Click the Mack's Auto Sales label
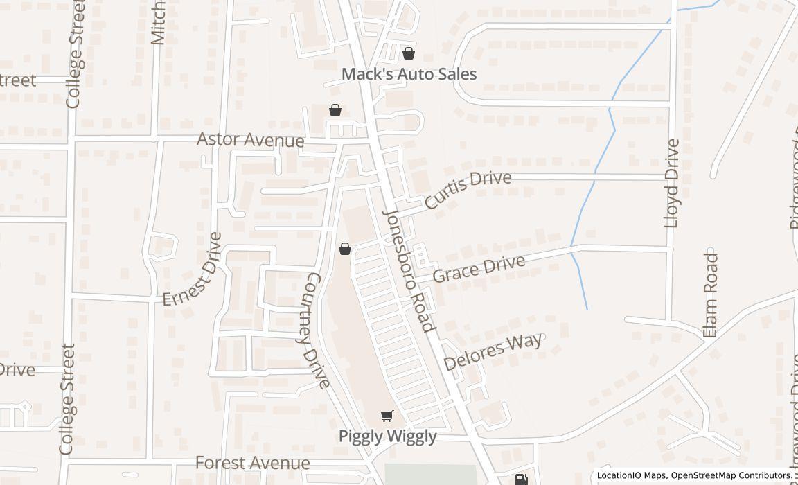point(409,73)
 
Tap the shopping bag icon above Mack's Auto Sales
point(409,53)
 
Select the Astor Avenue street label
point(250,139)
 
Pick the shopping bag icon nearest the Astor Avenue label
point(335,110)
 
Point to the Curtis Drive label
point(468,189)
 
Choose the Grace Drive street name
point(479,267)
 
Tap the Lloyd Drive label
point(671,183)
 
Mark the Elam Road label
point(710,294)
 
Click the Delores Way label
point(493,352)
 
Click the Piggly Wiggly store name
point(387,436)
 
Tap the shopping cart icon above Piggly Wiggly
point(387,416)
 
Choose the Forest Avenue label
point(252,462)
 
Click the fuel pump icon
point(521,479)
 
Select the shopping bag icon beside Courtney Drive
point(344,249)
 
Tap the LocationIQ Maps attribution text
point(631,475)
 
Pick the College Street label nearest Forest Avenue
point(66,399)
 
